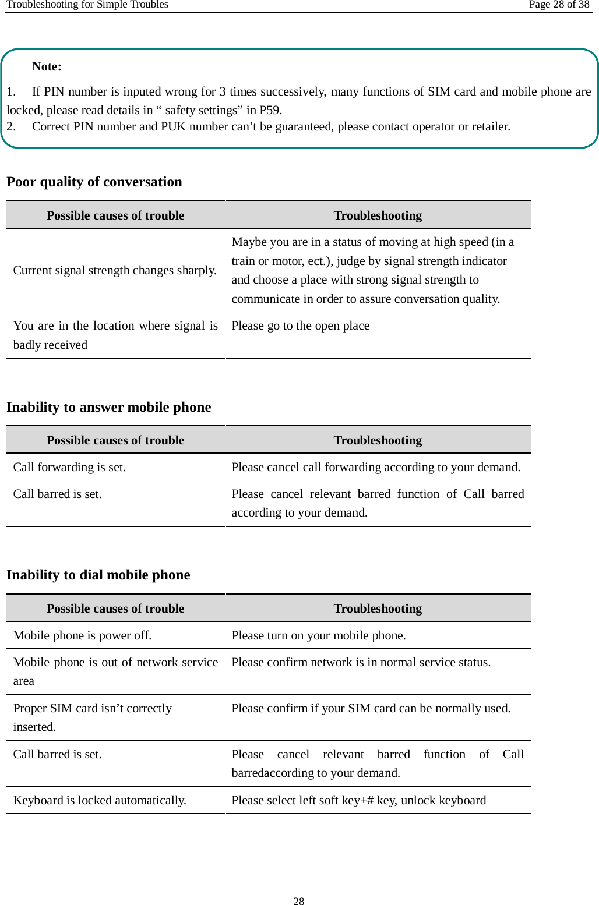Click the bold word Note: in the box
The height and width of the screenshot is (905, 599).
pyautogui.click(x=47, y=66)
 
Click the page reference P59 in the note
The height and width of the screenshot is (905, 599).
pyautogui.click(x=270, y=110)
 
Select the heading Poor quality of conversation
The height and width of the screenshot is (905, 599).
pyautogui.click(x=94, y=182)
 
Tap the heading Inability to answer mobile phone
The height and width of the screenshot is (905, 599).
pyautogui.click(x=109, y=407)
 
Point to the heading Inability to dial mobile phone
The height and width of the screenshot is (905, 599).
pyautogui.click(x=98, y=575)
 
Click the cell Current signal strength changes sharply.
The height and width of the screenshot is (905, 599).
pyautogui.click(x=115, y=270)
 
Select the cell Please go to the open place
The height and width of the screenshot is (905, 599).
pyautogui.click(x=301, y=326)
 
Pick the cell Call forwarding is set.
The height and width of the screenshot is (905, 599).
pyautogui.click(x=69, y=467)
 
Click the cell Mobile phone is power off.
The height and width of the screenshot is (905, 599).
pyautogui.click(x=82, y=635)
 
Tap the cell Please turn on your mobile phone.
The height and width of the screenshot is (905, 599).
pyautogui.click(x=319, y=635)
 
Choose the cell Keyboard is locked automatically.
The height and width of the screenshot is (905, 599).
pyautogui.click(x=100, y=800)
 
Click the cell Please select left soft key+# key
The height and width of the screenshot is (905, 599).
pyautogui.click(x=358, y=800)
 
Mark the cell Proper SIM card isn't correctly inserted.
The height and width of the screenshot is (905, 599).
pyautogui.click(x=93, y=717)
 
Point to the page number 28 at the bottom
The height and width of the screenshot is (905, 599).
pyautogui.click(x=299, y=901)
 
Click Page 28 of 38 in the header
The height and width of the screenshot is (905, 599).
pyautogui.click(x=559, y=5)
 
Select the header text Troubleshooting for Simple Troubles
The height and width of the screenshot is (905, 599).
pyautogui.click(x=87, y=5)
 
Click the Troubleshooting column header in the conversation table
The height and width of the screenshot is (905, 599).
pyautogui.click(x=378, y=215)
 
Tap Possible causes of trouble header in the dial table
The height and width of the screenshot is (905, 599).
pyautogui.click(x=115, y=609)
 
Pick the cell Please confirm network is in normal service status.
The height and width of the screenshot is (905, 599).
pyautogui.click(x=361, y=662)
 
